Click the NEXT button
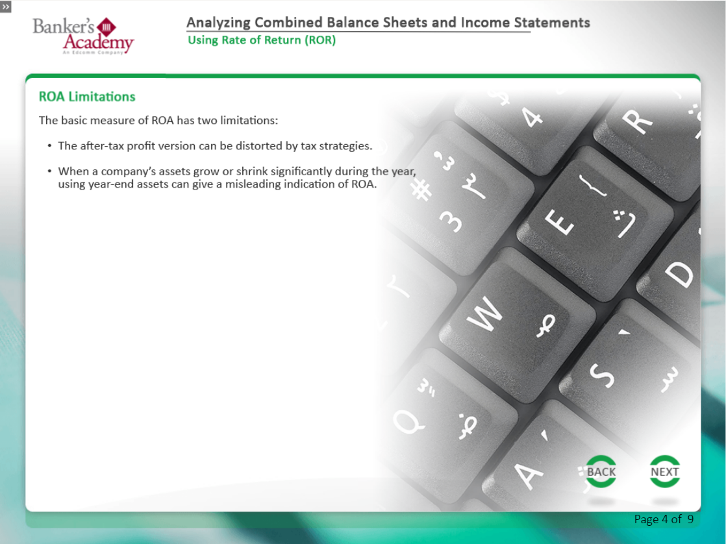(x=664, y=471)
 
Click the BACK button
(x=601, y=471)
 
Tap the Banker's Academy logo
(x=83, y=36)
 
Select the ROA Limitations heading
(x=87, y=97)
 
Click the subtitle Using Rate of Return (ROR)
(x=262, y=40)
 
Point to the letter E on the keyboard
(x=559, y=222)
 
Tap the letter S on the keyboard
(x=601, y=375)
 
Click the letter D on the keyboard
(x=679, y=275)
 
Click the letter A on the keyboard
(x=529, y=475)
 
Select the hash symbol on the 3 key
(x=422, y=190)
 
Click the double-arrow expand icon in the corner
(x=6, y=6)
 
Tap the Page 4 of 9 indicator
(x=664, y=519)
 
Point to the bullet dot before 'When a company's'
(x=49, y=171)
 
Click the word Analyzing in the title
(x=219, y=23)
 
